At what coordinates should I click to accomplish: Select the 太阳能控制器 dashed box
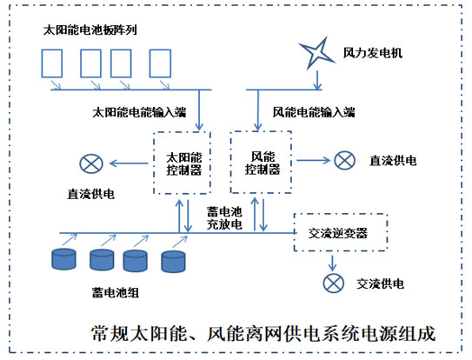[x=154, y=163]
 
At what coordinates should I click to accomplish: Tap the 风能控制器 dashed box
[x=231, y=162]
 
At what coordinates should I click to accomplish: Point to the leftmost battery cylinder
[x=63, y=259]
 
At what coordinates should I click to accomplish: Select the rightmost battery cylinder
[x=173, y=262]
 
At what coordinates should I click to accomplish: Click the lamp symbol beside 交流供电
[x=334, y=283]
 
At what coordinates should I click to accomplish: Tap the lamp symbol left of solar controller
[x=91, y=163]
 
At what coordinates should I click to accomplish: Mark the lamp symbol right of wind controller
[x=345, y=160]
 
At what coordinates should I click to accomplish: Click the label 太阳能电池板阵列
[x=90, y=30]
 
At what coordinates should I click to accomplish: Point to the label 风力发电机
[x=373, y=53]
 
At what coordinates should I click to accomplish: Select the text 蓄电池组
[x=116, y=292]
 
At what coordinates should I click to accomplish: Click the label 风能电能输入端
[x=314, y=112]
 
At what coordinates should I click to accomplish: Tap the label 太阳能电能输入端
[x=139, y=112]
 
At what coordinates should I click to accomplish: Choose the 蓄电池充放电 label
[x=224, y=218]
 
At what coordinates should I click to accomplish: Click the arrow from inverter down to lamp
[x=332, y=263]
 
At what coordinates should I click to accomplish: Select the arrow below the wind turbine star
[x=317, y=81]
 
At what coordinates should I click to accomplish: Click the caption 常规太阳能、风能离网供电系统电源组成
[x=263, y=334]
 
